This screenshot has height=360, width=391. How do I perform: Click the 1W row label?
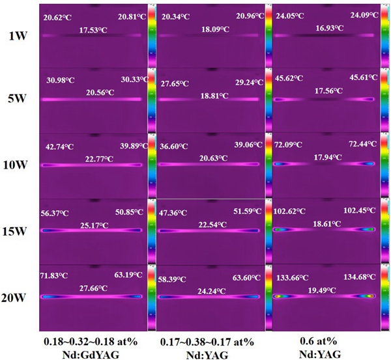tap(18, 38)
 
